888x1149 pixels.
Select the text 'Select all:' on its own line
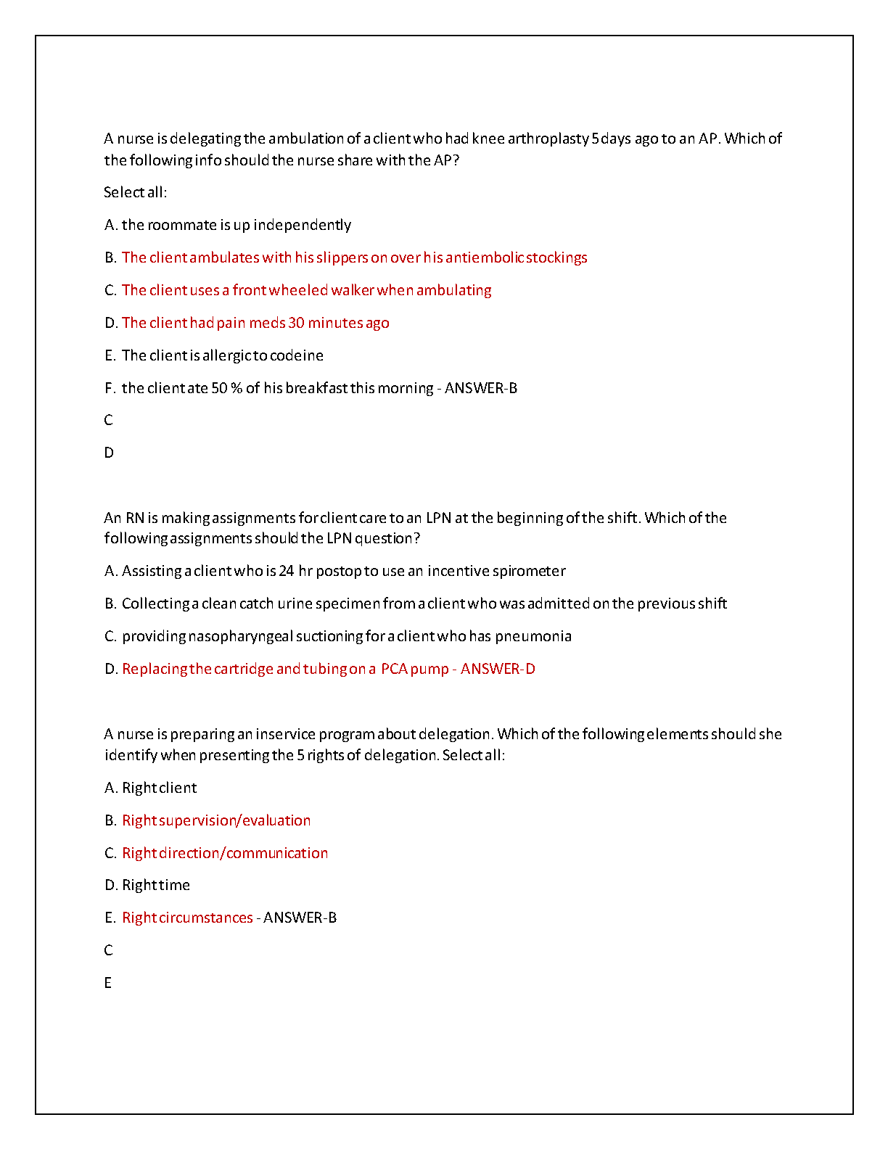pos(135,192)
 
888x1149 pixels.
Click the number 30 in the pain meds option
pos(296,323)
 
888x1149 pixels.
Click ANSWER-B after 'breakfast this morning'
pos(481,388)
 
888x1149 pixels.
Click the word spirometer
pos(529,571)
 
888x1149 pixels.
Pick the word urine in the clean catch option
pos(295,604)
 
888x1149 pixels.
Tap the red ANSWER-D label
pos(498,669)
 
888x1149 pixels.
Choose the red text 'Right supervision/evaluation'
pos(216,820)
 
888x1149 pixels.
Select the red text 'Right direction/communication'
pos(225,853)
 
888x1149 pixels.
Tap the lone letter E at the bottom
pos(108,983)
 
